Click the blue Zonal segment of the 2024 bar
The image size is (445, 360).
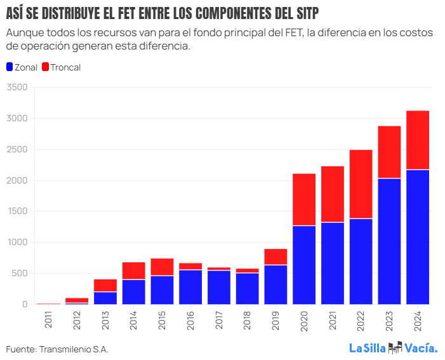coord(417,237)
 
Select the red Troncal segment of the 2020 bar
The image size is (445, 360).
coord(304,199)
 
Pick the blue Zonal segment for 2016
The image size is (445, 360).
coord(190,287)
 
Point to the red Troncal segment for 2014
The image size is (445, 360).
coord(134,270)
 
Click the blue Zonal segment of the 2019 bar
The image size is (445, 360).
coord(276,284)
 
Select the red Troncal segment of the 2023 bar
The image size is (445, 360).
coord(389,152)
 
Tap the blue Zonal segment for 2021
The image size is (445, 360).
coord(332,263)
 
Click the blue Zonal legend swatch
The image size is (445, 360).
coord(9,67)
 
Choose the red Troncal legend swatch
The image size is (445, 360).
coord(45,67)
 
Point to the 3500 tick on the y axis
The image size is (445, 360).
coord(17,88)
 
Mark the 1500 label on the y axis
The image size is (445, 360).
coord(17,211)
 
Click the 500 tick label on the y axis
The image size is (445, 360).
coord(20,274)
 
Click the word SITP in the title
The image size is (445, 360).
coord(303,13)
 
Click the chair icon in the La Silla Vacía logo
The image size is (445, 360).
coord(395,347)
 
